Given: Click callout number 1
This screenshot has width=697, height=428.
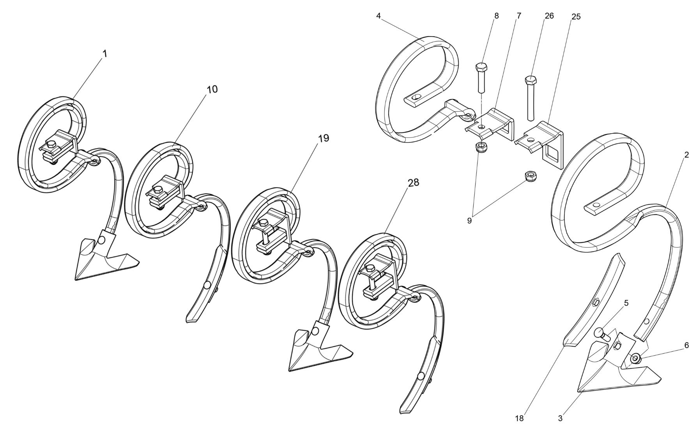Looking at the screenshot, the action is [x=104, y=53].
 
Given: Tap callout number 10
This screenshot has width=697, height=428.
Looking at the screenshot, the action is [x=212, y=89].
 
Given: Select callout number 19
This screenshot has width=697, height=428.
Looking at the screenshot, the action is [x=324, y=138].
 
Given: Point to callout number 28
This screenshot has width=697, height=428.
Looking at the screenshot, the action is [x=414, y=182].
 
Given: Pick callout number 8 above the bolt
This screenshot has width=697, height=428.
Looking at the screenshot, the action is [x=496, y=16].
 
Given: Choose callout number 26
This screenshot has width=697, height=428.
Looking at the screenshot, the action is [x=549, y=16].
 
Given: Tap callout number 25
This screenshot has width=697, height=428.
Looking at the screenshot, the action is [x=576, y=16].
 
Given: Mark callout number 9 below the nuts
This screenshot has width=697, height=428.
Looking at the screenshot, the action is [x=469, y=221].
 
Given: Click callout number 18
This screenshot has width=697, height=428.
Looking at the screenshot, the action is [x=519, y=419].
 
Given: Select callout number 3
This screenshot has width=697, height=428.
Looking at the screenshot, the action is [x=560, y=419].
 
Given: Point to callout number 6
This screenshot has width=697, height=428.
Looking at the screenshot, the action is [x=686, y=345].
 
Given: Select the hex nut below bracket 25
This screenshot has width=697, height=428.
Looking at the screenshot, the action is [x=530, y=176].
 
